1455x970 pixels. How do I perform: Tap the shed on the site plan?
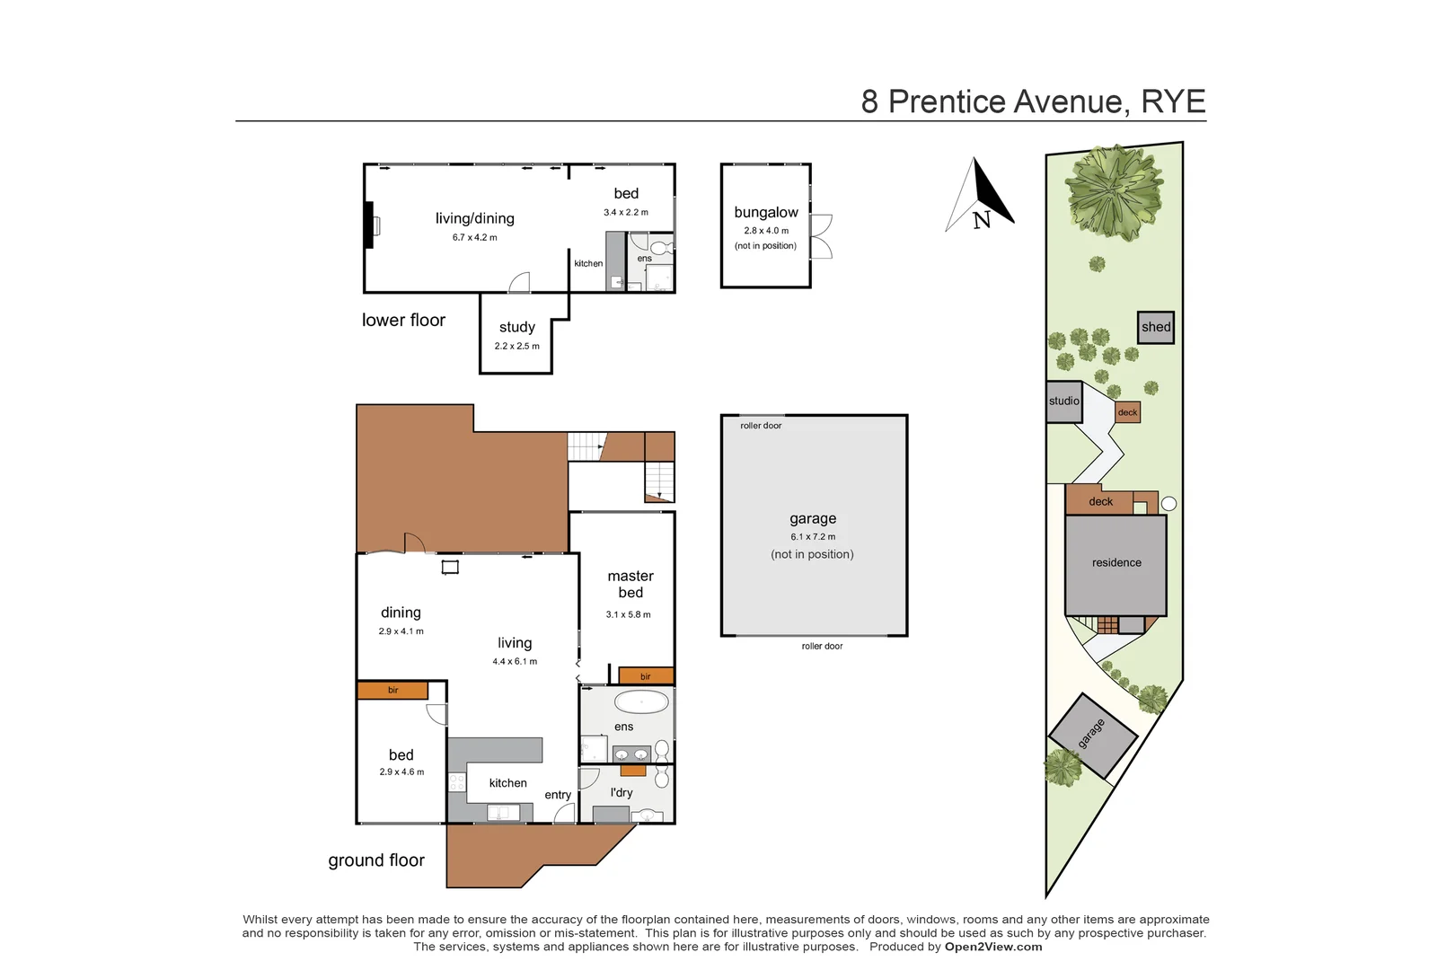1156,327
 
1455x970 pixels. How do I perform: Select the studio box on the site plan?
1064,401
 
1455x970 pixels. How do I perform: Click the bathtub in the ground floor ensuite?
641,701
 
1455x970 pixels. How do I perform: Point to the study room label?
517,327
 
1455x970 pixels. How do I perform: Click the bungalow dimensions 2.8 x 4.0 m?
766,231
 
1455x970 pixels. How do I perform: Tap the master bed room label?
630,584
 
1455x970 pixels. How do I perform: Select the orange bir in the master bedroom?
646,676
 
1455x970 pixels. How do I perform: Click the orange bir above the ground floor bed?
392,690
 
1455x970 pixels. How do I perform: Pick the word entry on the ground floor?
558,795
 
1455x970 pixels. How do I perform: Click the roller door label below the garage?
822,646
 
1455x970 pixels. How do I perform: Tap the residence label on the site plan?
1116,563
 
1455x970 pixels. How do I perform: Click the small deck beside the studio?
1127,412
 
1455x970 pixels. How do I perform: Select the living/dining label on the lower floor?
475,218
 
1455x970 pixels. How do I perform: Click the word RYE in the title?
1173,101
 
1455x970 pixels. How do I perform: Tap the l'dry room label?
622,792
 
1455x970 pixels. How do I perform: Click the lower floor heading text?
403,321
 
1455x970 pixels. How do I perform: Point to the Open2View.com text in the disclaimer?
993,947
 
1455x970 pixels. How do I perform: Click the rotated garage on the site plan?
1092,735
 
